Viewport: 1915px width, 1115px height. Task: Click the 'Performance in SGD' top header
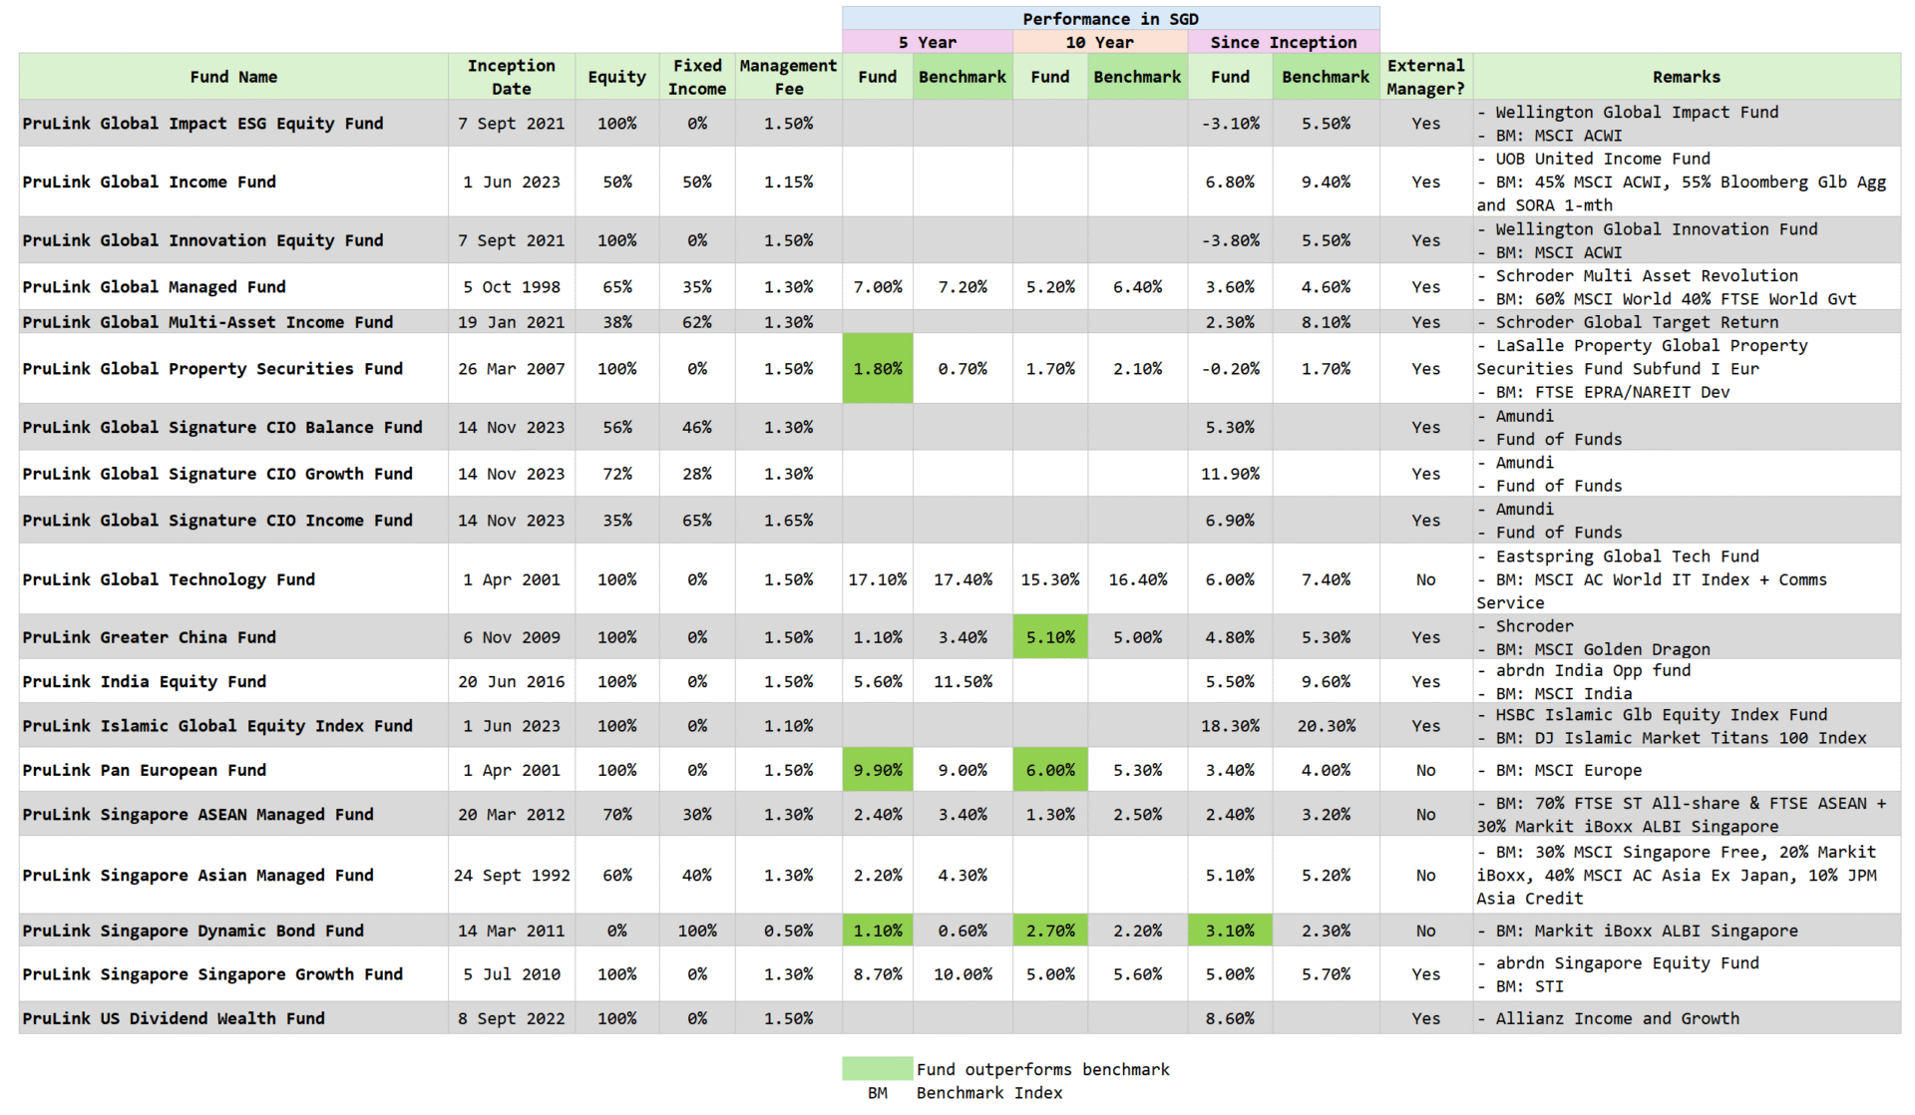click(1110, 19)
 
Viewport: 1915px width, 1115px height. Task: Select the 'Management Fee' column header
click(788, 77)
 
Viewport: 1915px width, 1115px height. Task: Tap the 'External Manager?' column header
click(1425, 77)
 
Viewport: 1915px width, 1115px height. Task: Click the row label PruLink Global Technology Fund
click(169, 579)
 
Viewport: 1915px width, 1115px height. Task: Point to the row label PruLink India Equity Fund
click(145, 681)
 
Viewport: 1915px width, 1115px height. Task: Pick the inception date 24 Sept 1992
click(512, 875)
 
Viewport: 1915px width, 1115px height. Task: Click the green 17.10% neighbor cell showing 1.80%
click(878, 368)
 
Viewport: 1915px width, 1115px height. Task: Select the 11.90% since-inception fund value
click(1230, 474)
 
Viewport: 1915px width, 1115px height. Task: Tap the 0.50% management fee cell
click(788, 930)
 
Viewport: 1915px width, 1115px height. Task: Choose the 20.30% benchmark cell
click(1326, 726)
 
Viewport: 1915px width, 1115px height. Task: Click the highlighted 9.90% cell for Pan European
click(878, 770)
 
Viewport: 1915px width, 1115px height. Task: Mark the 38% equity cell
click(616, 322)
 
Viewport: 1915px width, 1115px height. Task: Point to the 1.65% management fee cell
click(788, 521)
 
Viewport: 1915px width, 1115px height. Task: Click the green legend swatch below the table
click(877, 1069)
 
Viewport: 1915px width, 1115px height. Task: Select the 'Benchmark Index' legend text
click(989, 1093)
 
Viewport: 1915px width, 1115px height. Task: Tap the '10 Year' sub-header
click(1099, 42)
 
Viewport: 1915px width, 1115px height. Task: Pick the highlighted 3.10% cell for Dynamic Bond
click(1230, 930)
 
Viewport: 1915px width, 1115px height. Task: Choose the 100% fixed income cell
click(697, 930)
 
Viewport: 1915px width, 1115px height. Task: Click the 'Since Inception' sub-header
click(1283, 42)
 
